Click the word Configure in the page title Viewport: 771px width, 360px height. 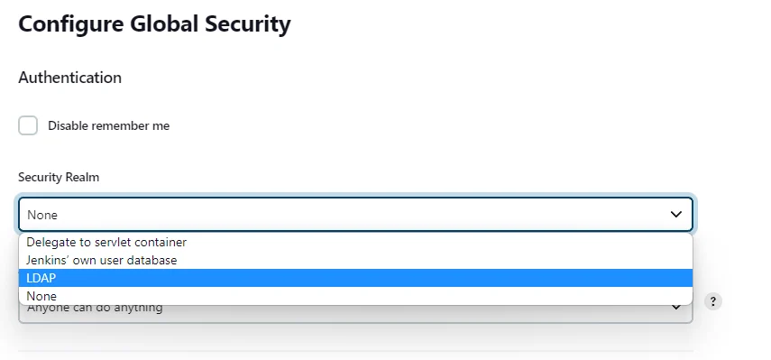(69, 24)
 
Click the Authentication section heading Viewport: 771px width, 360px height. (69, 78)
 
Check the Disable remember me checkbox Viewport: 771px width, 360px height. (29, 125)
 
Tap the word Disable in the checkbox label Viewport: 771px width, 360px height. (68, 126)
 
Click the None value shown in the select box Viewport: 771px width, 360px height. (42, 215)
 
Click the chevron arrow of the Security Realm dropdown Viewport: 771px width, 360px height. (676, 215)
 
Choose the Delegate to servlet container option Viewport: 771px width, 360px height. (106, 242)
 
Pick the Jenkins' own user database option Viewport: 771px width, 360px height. (102, 260)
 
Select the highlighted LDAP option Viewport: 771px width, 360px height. (41, 278)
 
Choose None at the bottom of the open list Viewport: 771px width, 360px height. (41, 296)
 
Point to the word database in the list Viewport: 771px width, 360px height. (151, 260)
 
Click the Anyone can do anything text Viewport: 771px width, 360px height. (95, 309)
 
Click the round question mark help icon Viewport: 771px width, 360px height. (712, 301)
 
